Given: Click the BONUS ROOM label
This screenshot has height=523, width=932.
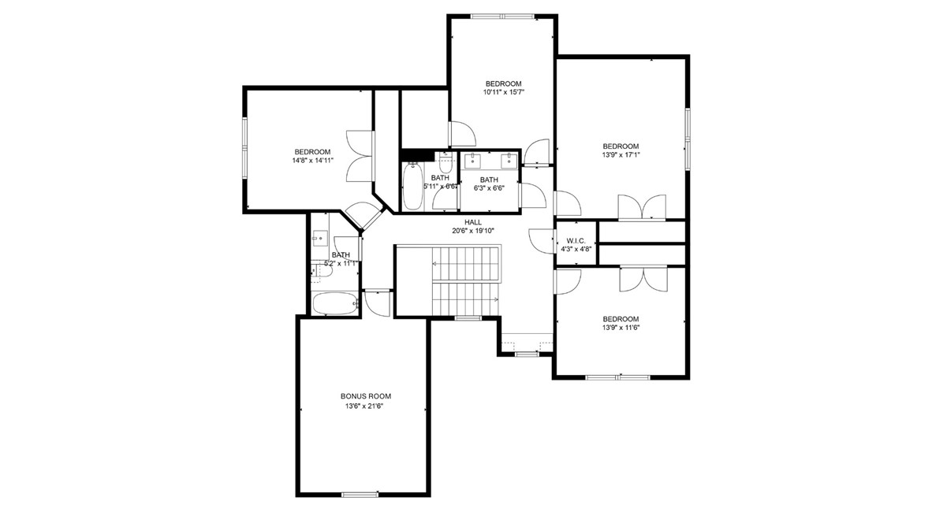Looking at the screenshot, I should click(x=365, y=396).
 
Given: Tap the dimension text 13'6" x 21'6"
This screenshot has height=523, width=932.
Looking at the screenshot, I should click(x=365, y=406).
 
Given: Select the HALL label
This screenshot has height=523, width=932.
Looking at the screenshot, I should click(x=472, y=222).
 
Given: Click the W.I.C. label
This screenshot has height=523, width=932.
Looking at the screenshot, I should click(x=575, y=240).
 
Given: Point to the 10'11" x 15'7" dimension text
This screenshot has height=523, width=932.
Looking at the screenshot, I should click(x=503, y=92).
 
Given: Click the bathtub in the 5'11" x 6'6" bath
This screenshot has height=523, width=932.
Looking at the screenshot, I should click(x=413, y=187).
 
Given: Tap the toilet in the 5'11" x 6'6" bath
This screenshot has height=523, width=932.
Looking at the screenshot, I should click(x=445, y=165).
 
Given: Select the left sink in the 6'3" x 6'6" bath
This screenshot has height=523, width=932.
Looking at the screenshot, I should click(x=475, y=161).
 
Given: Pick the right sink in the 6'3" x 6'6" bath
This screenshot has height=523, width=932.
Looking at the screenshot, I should click(x=507, y=161).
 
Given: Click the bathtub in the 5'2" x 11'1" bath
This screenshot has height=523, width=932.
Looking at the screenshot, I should click(x=334, y=303).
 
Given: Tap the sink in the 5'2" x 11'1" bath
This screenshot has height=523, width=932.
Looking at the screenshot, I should click(x=320, y=238).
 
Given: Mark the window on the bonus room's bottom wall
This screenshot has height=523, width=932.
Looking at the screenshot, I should click(x=360, y=495).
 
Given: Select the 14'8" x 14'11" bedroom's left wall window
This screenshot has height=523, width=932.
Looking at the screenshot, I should click(x=244, y=147).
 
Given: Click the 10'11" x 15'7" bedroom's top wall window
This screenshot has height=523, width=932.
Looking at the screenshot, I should click(x=501, y=16).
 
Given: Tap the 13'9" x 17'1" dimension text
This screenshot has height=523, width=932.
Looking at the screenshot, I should click(x=621, y=155).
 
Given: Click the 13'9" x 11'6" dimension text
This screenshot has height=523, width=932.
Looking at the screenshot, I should click(x=621, y=328).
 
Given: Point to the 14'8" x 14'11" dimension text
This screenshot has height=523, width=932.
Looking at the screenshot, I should click(x=312, y=161).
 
